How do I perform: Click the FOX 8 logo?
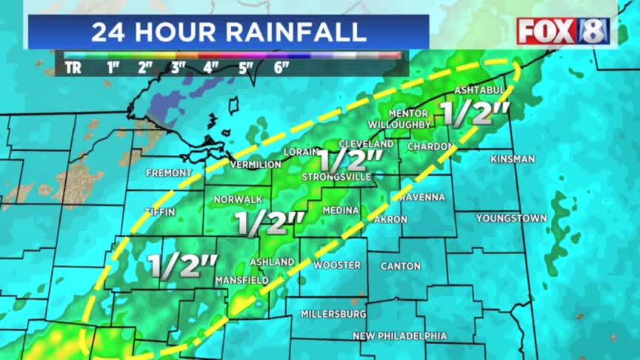click(563, 31)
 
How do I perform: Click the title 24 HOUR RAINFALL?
click(228, 32)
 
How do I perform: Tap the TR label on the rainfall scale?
click(73, 67)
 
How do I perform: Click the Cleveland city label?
click(366, 143)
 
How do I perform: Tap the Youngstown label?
click(511, 218)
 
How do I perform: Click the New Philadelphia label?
click(399, 336)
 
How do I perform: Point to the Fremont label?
click(169, 173)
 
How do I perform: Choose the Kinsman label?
click(513, 159)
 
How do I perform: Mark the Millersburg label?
click(333, 313)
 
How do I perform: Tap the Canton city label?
click(400, 265)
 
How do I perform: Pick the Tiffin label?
click(160, 211)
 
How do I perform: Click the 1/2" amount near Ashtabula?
click(474, 113)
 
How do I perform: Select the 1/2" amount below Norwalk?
click(270, 223)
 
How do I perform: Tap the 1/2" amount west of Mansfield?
click(182, 265)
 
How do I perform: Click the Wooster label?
click(337, 264)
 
